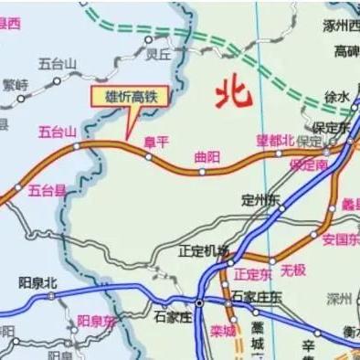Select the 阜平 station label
click(157, 141)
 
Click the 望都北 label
click(274, 141)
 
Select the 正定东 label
click(252, 273)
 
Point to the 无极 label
click(292, 270)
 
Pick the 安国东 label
click(340, 239)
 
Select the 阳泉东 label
click(96, 320)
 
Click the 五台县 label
click(47, 190)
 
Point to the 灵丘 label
click(158, 54)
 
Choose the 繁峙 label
click(16, 84)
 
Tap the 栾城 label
click(222, 330)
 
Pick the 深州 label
click(339, 298)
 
